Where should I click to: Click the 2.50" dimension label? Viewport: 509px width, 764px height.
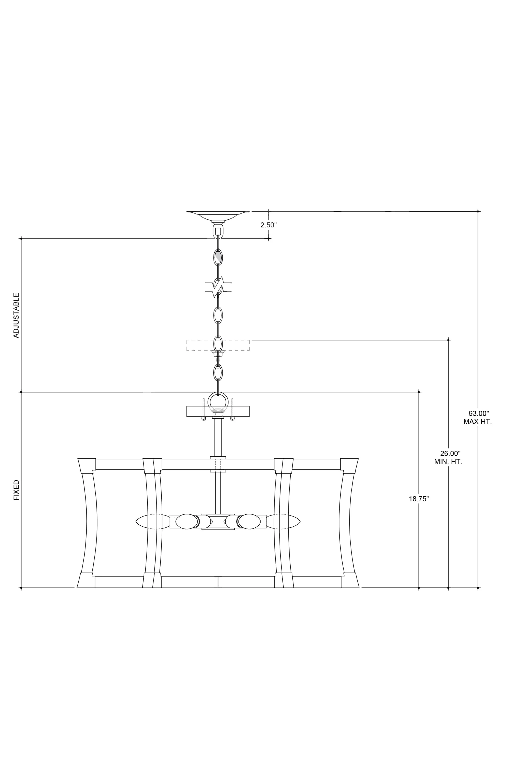click(268, 225)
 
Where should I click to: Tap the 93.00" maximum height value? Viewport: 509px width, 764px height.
click(478, 414)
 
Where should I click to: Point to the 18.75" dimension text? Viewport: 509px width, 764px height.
click(419, 499)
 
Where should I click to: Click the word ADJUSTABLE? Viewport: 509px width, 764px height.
click(16, 316)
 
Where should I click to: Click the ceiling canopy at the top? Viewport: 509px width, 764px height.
click(218, 216)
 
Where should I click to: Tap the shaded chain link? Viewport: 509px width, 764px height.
click(218, 257)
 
